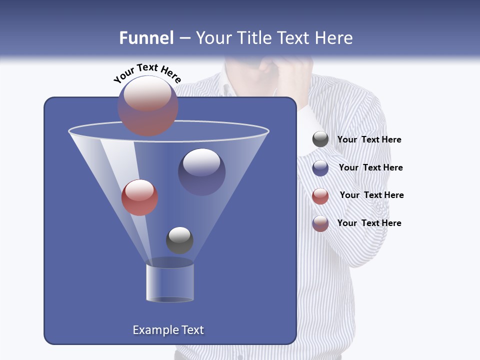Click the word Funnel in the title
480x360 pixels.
point(146,38)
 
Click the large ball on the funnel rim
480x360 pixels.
point(148,105)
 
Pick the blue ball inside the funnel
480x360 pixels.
point(201,171)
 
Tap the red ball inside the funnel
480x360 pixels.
point(139,197)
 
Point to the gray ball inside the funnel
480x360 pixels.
point(179,240)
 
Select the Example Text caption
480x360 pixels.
point(168,330)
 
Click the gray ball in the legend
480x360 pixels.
point(320,139)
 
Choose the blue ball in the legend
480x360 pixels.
point(320,168)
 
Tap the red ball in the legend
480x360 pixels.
point(320,196)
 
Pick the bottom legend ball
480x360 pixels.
point(320,223)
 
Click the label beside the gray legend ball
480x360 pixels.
point(369,140)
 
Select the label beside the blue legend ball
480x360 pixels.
point(370,168)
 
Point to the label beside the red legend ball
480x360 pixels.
point(371,195)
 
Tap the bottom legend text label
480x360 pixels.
point(369,223)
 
